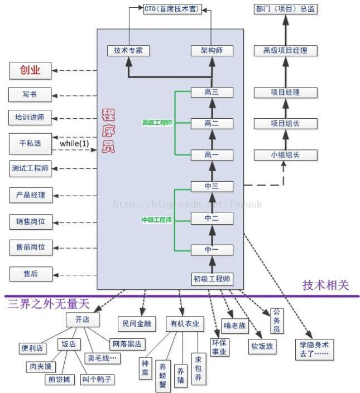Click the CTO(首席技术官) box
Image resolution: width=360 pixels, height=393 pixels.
pos(171,9)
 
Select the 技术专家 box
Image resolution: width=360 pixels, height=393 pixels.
pos(128,50)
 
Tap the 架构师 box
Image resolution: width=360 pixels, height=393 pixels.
pos(212,50)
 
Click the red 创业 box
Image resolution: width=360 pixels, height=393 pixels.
pos(31,70)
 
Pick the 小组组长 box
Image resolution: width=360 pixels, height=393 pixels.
pos(285,155)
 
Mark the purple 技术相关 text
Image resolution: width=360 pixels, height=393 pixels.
pos(326,285)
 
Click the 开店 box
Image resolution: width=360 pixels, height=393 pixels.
pos(82,319)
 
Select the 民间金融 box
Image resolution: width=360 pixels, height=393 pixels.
pos(136,323)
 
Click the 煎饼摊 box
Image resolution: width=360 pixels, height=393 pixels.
pos(59,379)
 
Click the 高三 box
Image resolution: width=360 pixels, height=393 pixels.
pos(212,92)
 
